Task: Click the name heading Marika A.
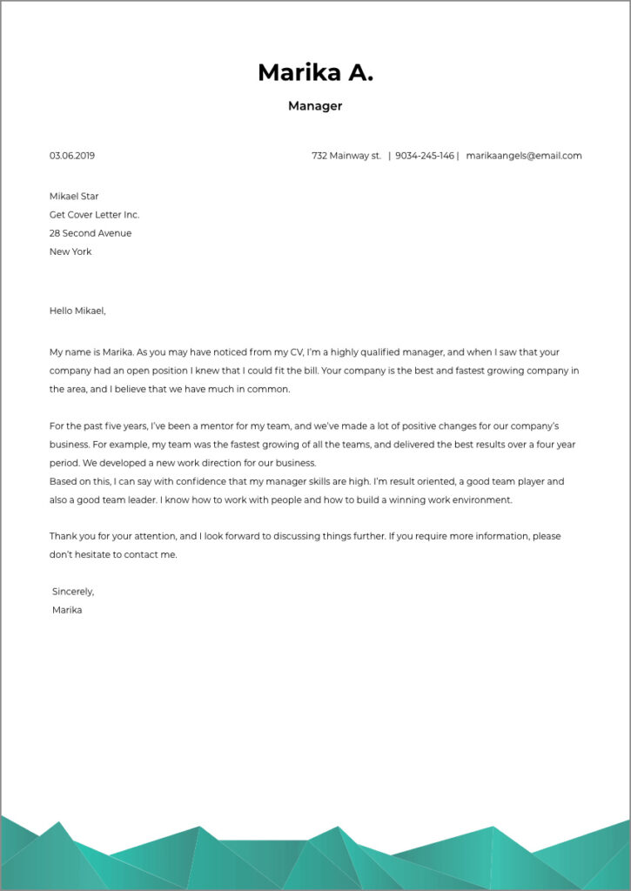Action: pyautogui.click(x=315, y=73)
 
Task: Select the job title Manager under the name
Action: pyautogui.click(x=315, y=106)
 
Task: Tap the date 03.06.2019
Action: pyautogui.click(x=72, y=156)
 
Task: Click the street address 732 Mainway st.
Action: pyautogui.click(x=346, y=156)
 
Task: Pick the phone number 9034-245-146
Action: pyautogui.click(x=425, y=156)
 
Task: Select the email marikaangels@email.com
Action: pyautogui.click(x=524, y=156)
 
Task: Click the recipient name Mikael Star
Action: pyautogui.click(x=74, y=197)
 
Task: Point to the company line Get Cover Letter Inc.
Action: pyautogui.click(x=94, y=215)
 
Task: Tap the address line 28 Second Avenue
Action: pyautogui.click(x=91, y=233)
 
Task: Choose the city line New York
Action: pyautogui.click(x=70, y=251)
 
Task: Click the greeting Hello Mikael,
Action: pyautogui.click(x=77, y=311)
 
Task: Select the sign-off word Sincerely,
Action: pyautogui.click(x=73, y=592)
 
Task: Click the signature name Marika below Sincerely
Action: pyautogui.click(x=67, y=610)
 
